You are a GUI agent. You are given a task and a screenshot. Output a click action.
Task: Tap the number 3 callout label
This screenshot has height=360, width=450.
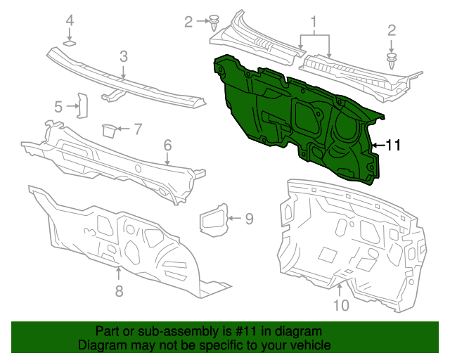123,56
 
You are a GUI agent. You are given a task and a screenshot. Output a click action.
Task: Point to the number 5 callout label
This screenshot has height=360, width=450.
59,107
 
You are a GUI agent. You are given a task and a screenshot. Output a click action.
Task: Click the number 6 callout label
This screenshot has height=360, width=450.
167,145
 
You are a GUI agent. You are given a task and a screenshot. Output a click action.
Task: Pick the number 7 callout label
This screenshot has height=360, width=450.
138,129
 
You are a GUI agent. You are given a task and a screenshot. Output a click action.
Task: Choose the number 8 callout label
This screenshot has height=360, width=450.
118,290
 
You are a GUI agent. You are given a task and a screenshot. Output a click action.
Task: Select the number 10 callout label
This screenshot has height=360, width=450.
340,305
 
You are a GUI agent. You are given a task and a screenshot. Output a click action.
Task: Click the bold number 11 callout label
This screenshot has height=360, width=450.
392,146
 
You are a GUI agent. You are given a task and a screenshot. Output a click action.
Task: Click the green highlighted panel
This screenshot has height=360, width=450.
295,116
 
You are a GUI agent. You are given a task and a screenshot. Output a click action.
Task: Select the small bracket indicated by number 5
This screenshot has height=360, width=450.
81,105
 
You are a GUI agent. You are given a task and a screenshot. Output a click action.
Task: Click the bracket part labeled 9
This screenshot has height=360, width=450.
214,219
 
